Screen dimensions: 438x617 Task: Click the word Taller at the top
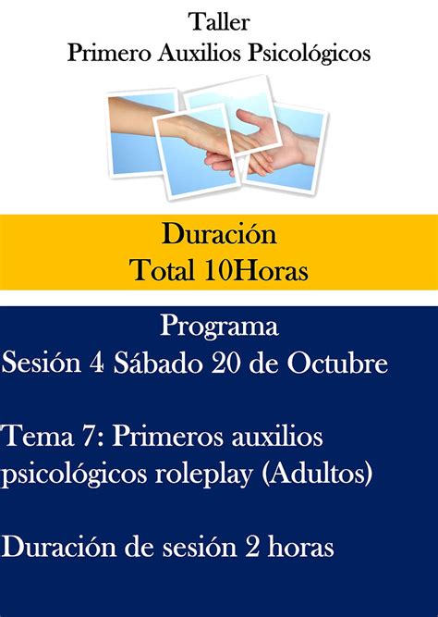coord(219,22)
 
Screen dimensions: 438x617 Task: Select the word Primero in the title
coord(109,53)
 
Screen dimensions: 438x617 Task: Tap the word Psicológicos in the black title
coord(309,54)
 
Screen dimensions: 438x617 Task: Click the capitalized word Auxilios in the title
coord(199,53)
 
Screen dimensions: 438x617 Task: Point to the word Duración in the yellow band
coord(219,234)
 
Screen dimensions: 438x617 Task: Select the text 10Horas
coord(256,270)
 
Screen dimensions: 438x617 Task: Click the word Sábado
coord(158,363)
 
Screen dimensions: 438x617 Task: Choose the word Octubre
coord(337,363)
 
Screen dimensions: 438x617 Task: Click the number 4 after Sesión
coord(97,364)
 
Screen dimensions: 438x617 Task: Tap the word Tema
coord(38,437)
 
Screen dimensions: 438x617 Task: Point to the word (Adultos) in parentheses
coord(317,474)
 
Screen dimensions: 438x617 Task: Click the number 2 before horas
coord(252,548)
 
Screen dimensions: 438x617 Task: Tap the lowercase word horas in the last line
coord(301,547)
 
